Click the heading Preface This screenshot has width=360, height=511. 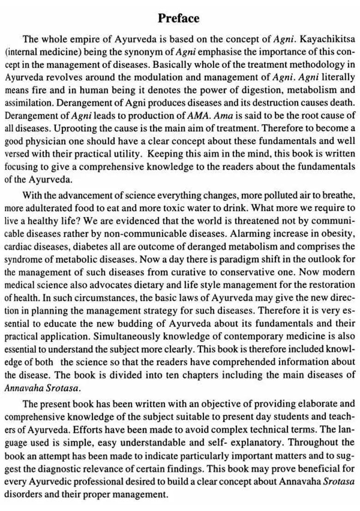click(x=179, y=18)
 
